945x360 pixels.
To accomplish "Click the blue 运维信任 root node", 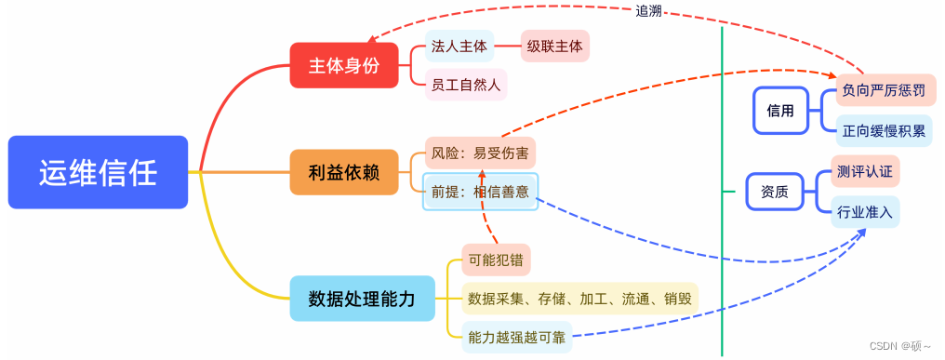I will (98, 172).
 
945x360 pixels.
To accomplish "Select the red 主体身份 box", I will (344, 65).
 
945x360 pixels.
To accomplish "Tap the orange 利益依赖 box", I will (344, 171).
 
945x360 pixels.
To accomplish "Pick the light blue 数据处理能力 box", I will (362, 298).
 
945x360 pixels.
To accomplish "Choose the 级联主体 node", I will (555, 47).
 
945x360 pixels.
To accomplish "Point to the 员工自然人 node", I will (466, 85).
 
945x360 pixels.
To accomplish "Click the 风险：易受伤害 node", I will (480, 153).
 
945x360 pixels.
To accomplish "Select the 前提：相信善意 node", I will (480, 192).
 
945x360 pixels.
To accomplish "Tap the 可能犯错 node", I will (497, 260).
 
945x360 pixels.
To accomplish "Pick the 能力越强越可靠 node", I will (515, 337).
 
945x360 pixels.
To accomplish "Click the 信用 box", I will (781, 111).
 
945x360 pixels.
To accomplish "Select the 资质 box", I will (775, 193).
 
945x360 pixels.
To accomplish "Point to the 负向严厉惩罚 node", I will (885, 91).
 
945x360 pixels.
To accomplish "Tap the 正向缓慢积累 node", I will (885, 130).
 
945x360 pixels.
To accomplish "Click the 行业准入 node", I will (865, 212).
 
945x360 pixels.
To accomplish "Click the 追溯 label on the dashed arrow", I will (649, 10).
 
